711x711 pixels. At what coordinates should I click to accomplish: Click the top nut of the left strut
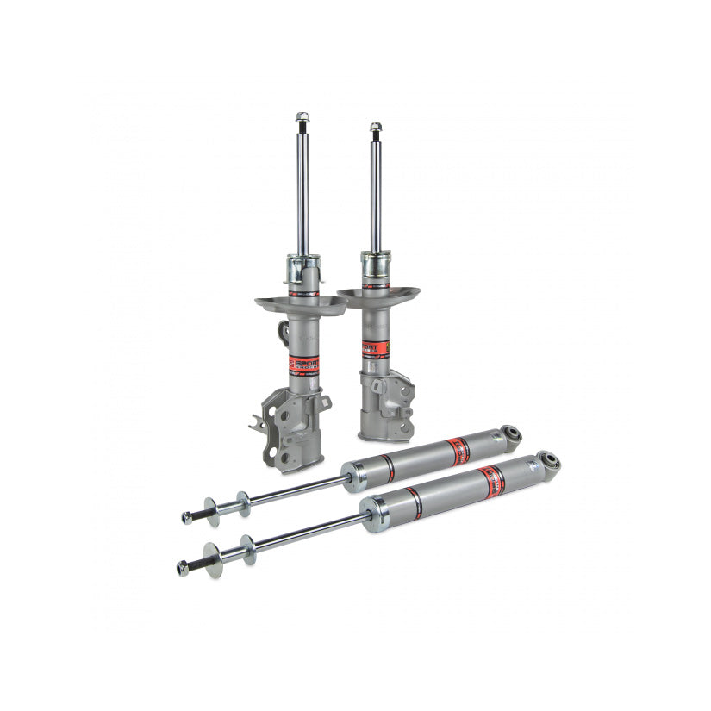pos(302,116)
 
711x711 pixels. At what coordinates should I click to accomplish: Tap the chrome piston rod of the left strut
pos(302,190)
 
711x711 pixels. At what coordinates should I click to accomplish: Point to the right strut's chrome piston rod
pos(376,194)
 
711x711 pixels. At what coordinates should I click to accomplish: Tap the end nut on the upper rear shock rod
pos(186,518)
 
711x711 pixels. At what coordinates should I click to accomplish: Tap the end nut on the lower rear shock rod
pos(182,567)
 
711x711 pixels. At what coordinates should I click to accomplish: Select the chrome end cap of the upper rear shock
pos(352,477)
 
